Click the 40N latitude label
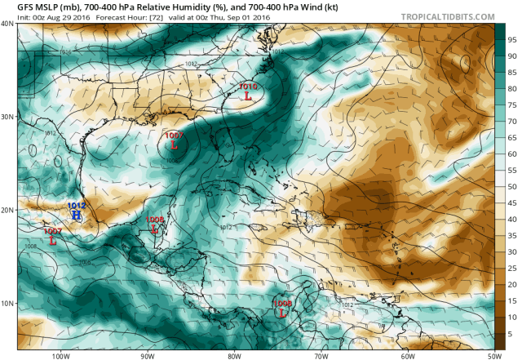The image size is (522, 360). [x=7, y=24]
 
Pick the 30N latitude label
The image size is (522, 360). [x=7, y=117]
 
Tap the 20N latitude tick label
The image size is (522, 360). [x=7, y=210]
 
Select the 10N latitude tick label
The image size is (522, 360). [x=7, y=303]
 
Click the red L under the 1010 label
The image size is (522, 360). [x=248, y=96]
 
